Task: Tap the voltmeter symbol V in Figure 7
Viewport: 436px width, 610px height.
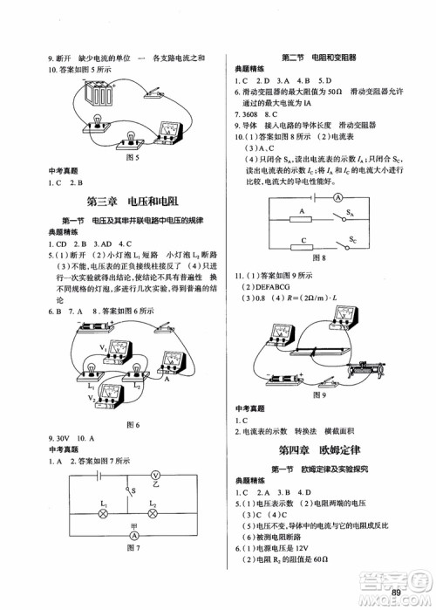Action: click(156, 476)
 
